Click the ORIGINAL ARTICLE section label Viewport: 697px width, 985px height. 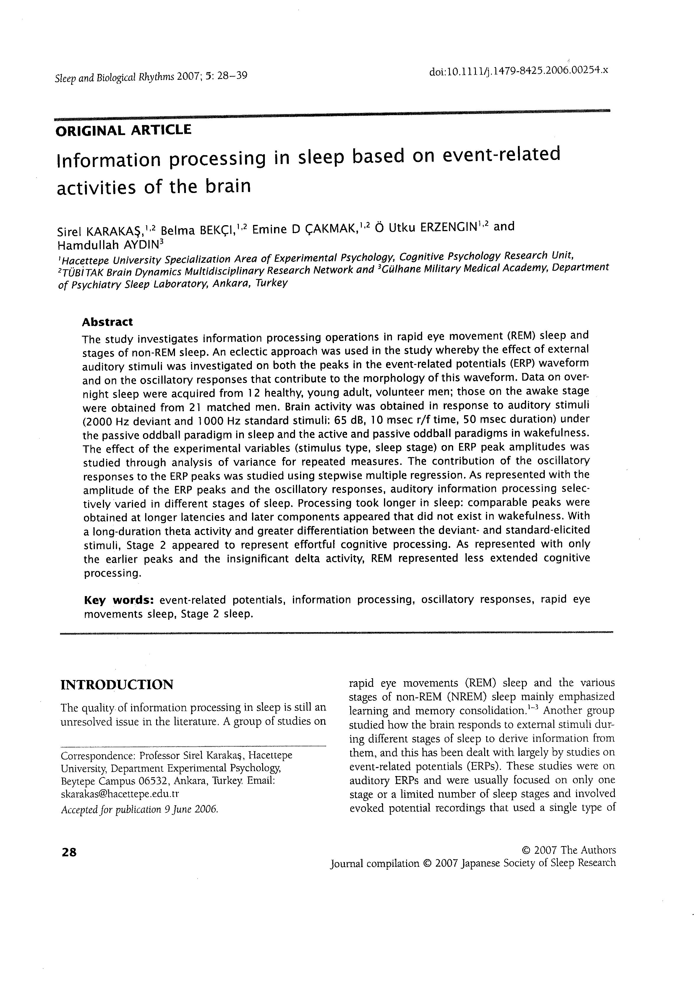coord(123,130)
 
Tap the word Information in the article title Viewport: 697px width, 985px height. coord(108,160)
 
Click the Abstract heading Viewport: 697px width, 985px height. coord(107,322)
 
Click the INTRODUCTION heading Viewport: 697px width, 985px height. coord(117,684)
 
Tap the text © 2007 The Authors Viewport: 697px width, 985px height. coord(568,850)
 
